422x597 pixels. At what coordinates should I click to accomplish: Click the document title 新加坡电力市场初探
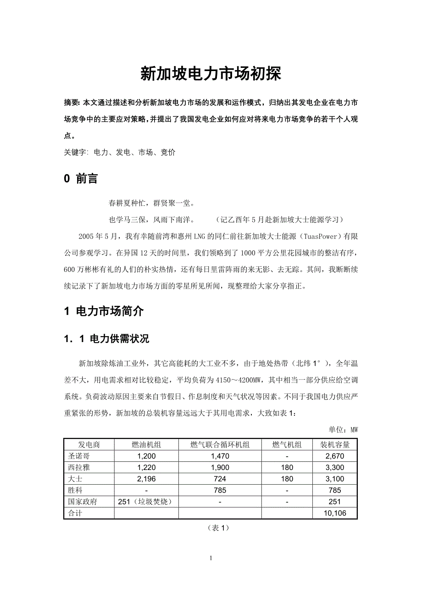tap(211, 74)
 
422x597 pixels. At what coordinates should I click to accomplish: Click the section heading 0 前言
tap(81, 179)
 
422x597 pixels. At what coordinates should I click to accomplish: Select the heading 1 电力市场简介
tap(104, 311)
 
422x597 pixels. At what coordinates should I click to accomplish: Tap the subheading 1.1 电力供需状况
tap(106, 339)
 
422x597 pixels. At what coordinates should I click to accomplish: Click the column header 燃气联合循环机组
tap(220, 444)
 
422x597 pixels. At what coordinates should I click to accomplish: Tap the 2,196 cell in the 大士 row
tap(146, 479)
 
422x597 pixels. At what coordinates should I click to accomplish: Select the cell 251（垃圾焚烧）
tap(145, 502)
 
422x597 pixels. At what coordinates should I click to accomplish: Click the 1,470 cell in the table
tap(220, 456)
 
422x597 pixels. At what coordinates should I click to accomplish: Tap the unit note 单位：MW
tap(343, 430)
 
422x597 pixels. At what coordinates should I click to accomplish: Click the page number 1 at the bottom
tap(211, 558)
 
